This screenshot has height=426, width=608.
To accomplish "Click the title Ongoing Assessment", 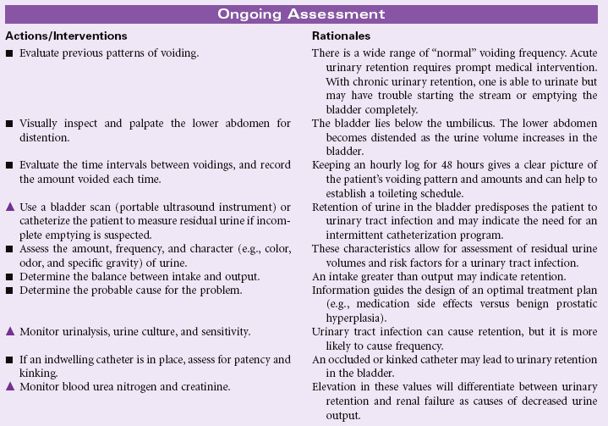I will (x=301, y=14).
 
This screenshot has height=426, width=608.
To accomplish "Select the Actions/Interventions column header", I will (x=66, y=36).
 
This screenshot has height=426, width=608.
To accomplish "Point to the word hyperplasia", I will (x=338, y=311).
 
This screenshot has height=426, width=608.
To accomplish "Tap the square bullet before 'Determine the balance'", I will (x=9, y=277).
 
